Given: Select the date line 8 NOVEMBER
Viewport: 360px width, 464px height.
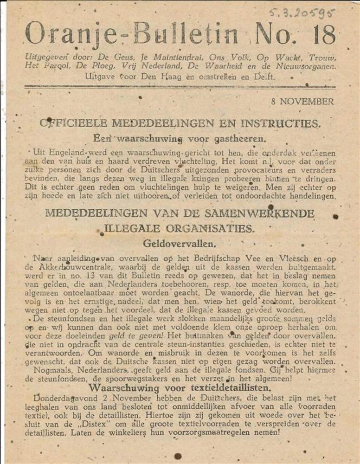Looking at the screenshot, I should point(302,102).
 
